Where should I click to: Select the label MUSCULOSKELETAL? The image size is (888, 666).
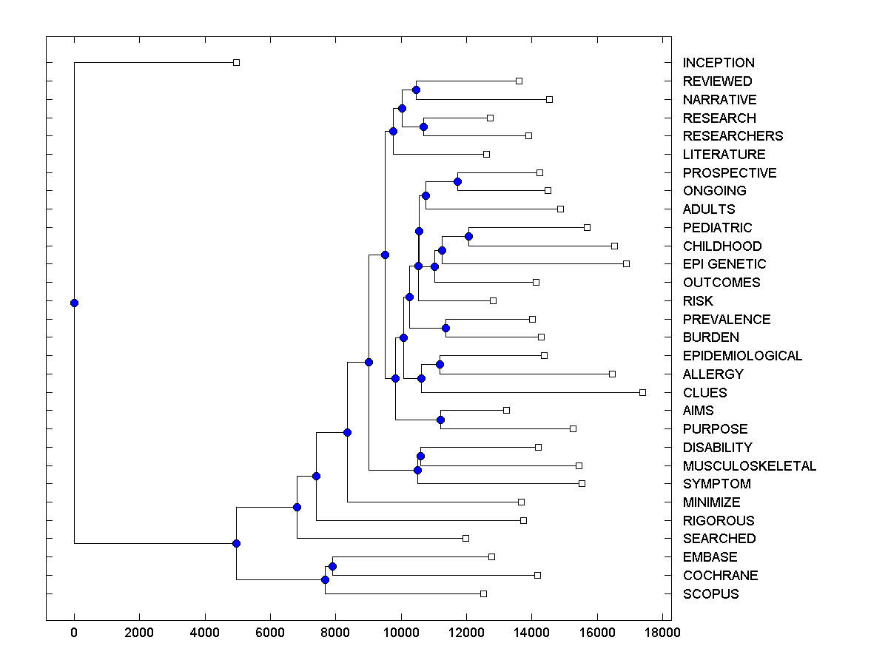point(749,466)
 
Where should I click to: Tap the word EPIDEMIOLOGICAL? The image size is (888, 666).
point(742,356)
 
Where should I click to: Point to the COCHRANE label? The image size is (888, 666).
point(720,576)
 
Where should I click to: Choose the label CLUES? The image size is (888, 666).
point(704,393)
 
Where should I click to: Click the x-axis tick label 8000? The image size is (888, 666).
point(335,632)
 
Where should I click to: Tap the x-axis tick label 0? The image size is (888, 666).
point(74,632)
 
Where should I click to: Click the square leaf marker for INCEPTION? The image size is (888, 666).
point(236,63)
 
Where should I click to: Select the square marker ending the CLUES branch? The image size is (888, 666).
point(642,392)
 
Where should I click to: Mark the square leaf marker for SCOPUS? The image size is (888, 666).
point(483,593)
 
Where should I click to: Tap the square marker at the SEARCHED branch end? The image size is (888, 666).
point(465,538)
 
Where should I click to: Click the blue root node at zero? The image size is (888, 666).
point(74,303)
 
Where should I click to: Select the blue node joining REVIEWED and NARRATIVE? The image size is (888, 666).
point(416,90)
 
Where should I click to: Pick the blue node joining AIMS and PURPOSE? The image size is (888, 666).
point(440,420)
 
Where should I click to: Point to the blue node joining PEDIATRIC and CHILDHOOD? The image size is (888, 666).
point(468,236)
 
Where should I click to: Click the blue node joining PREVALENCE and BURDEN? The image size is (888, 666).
point(445,328)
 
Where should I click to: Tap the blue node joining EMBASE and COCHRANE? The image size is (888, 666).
point(332,566)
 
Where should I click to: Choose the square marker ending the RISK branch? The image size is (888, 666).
point(493,300)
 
